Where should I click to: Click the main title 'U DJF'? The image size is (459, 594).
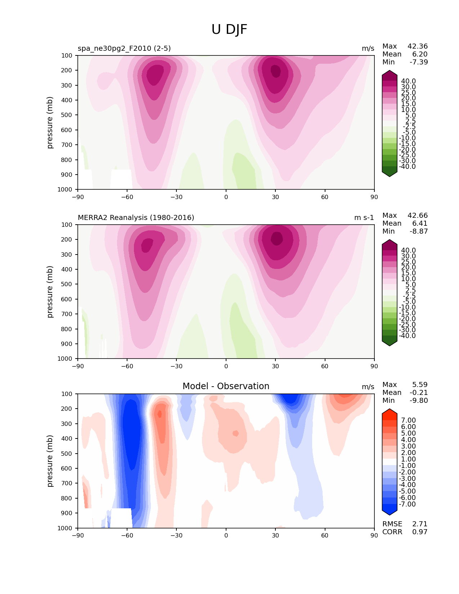(x=229, y=29)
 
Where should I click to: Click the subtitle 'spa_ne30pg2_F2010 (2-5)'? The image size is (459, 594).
(x=124, y=48)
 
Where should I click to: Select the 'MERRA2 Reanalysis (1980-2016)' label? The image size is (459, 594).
(x=136, y=217)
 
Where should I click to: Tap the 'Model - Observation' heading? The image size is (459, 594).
(x=226, y=386)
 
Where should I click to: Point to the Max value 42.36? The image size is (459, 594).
(x=418, y=46)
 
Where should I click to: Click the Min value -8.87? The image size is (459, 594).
(x=419, y=231)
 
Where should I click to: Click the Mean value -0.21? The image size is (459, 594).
(x=419, y=392)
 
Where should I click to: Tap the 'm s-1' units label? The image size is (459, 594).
(x=364, y=217)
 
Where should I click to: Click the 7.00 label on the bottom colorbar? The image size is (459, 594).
(x=408, y=420)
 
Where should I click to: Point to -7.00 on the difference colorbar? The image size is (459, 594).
(x=407, y=504)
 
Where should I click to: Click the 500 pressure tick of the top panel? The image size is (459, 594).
(x=67, y=115)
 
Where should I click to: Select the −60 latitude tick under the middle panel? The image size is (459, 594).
(x=127, y=366)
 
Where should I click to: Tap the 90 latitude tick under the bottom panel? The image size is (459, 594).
(x=374, y=536)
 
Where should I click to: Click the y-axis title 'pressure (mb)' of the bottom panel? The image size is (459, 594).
(x=49, y=461)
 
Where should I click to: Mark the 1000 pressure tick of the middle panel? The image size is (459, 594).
(x=65, y=359)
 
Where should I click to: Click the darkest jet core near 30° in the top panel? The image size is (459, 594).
(x=275, y=71)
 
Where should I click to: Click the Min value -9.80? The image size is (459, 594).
(x=419, y=400)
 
